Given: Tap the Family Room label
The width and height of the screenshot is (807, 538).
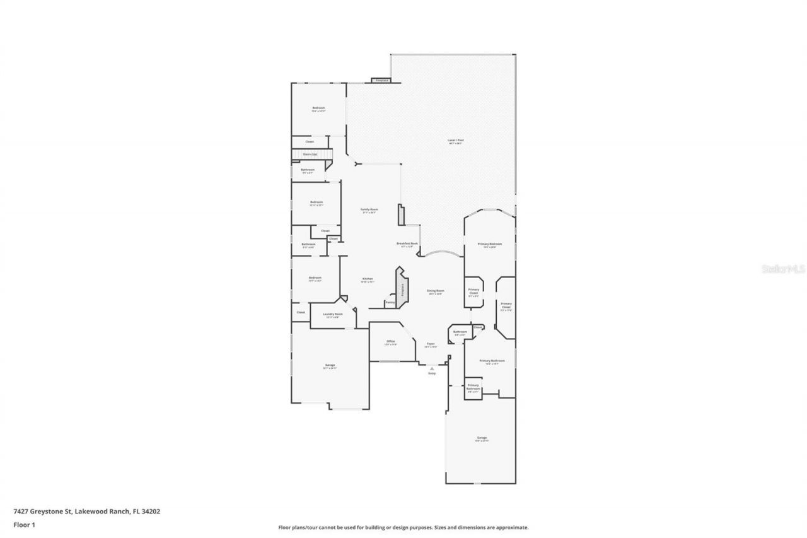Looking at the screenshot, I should [x=369, y=210].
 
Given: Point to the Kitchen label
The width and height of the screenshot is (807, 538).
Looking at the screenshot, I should [x=368, y=279].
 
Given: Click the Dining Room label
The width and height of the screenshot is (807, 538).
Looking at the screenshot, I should [x=436, y=291].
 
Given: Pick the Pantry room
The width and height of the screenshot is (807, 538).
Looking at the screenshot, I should [x=390, y=303].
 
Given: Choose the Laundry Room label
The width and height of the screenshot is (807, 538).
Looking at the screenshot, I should [x=332, y=315].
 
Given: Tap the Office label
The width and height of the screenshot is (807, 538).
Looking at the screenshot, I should [x=391, y=342].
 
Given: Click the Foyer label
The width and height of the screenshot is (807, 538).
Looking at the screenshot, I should [x=431, y=344].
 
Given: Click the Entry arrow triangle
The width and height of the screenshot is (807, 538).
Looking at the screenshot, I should [x=432, y=368].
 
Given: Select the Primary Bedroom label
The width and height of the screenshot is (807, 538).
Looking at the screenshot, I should [x=490, y=244].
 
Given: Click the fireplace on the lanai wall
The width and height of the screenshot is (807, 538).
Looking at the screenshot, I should [x=381, y=81].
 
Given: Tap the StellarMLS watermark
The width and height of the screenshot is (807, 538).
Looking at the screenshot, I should [x=784, y=269].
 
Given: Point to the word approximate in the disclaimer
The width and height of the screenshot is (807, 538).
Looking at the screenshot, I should [x=512, y=527].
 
